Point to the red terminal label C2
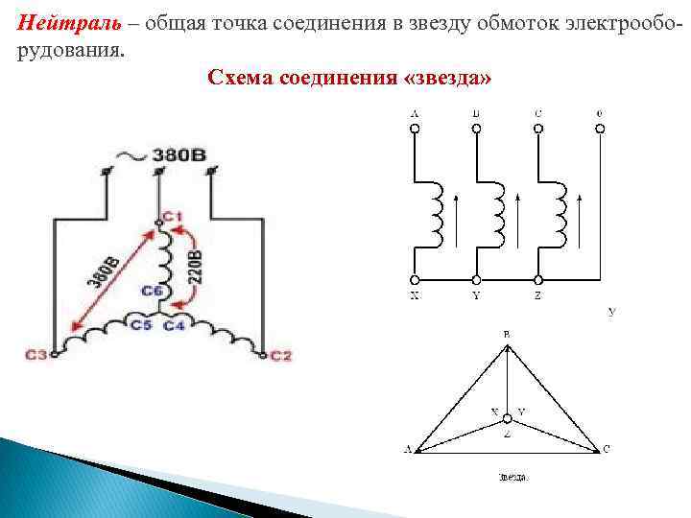[x=280, y=356]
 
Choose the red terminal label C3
[x=36, y=356]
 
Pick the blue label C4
[x=175, y=326]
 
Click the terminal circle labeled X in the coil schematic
[x=414, y=281]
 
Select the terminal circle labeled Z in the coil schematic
[x=537, y=281]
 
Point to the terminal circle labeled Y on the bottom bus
[x=476, y=281]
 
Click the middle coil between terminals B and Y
[x=497, y=216]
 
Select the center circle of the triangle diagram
[x=508, y=419]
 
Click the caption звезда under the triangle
[x=513, y=477]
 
